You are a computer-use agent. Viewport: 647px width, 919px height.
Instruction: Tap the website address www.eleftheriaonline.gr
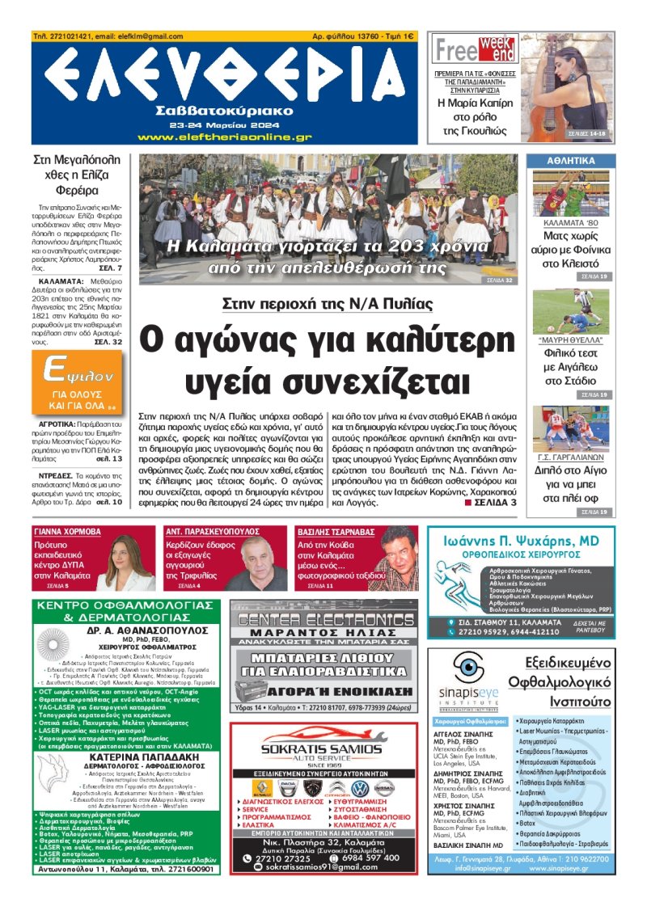[x=224, y=137]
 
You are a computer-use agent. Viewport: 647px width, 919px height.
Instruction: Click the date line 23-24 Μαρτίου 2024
[x=224, y=126]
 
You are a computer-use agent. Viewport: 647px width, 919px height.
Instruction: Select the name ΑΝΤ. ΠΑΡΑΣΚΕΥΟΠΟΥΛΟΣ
[x=212, y=532]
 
